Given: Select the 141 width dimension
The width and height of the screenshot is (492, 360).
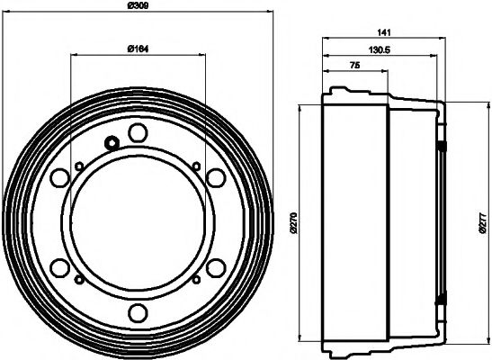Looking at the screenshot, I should (385, 31).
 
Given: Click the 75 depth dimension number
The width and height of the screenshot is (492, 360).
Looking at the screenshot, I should (354, 66).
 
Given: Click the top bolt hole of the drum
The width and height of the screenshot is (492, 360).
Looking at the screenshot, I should (137, 133).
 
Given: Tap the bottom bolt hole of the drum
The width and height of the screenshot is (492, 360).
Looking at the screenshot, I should (137, 313).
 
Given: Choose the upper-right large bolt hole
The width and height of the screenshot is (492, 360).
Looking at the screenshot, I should (215, 177).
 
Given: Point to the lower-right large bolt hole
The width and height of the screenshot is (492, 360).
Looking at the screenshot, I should (215, 268).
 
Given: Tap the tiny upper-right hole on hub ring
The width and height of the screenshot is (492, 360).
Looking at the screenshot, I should (195, 165).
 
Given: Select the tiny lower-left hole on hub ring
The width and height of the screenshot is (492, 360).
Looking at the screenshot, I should (79, 282).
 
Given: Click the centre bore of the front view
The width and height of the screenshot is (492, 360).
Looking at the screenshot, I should (137, 223).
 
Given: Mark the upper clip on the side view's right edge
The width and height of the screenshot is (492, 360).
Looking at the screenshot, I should (442, 146).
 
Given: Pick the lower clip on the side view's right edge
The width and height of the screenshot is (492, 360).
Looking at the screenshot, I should (442, 299).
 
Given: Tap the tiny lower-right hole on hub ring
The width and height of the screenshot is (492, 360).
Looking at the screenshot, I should (195, 282).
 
